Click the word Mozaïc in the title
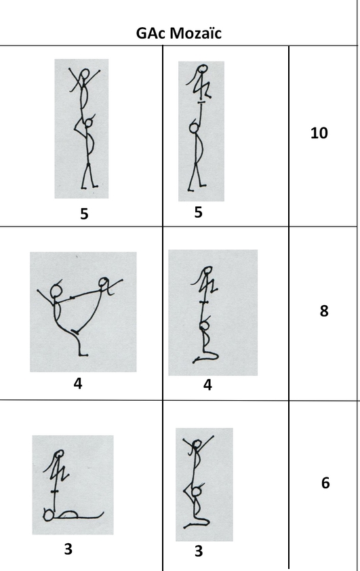(x=195, y=33)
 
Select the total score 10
(x=319, y=133)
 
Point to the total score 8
(x=324, y=311)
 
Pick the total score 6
(x=325, y=483)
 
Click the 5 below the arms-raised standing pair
(x=84, y=214)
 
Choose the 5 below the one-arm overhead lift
(x=198, y=212)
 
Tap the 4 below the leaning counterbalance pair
(x=78, y=383)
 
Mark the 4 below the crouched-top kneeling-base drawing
(x=207, y=385)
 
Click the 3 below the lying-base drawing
(x=68, y=549)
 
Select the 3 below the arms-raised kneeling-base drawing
(x=199, y=551)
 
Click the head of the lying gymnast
(x=48, y=515)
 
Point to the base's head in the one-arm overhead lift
(x=195, y=127)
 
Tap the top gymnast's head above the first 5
(x=85, y=74)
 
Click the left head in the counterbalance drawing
(x=56, y=290)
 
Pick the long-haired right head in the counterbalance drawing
(x=103, y=282)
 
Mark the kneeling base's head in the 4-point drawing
(x=205, y=325)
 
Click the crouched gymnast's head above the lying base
(x=58, y=454)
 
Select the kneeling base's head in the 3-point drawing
(x=197, y=492)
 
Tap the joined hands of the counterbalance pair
(x=72, y=298)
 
